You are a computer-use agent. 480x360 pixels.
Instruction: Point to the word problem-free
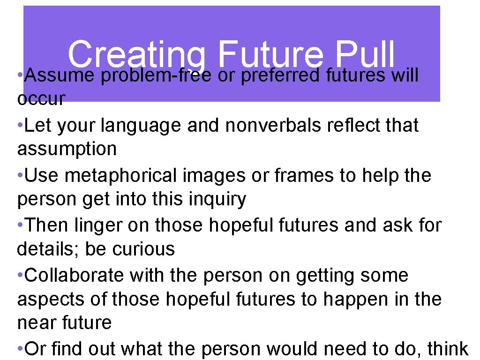(x=155, y=75)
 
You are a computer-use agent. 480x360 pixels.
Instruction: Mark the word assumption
(x=67, y=150)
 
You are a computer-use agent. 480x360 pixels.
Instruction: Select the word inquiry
(x=217, y=199)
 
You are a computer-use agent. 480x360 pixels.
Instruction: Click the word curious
(x=143, y=249)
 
